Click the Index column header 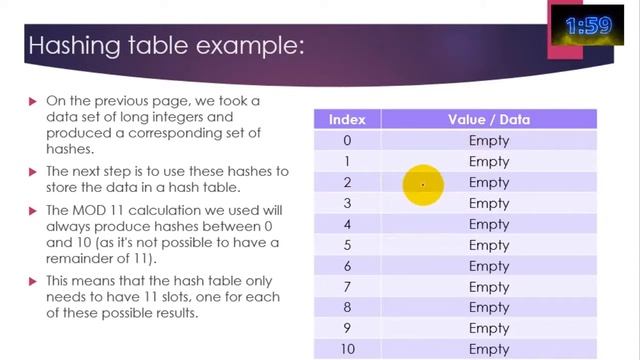coord(346,119)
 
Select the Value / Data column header coord(489,119)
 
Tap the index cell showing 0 coord(346,140)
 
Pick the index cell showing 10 coord(346,349)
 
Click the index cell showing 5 coord(346,245)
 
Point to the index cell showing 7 coord(346,287)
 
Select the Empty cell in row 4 coord(489,224)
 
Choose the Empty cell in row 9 coord(489,329)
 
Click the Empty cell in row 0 coord(489,140)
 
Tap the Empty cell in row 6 coord(489,266)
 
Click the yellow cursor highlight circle coord(423,184)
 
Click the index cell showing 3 coord(346,203)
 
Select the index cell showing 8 coord(346,308)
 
